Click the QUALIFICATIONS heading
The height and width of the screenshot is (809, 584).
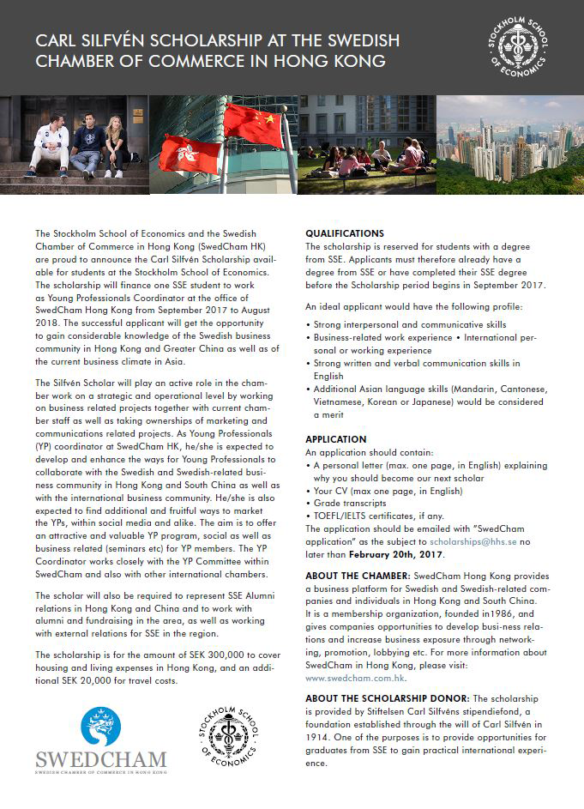tap(345, 233)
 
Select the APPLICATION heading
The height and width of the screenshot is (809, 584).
tap(336, 439)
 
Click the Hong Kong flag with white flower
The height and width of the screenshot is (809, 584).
tap(189, 153)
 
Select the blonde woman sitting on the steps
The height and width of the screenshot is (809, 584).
tap(116, 146)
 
